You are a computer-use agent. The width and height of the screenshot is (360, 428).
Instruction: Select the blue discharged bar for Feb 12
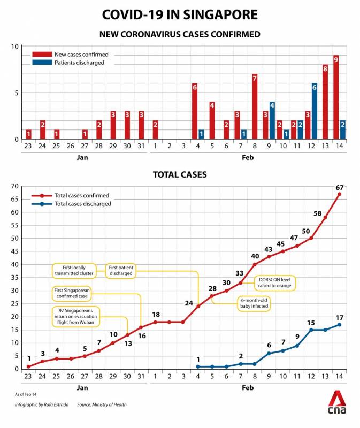pyautogui.click(x=315, y=111)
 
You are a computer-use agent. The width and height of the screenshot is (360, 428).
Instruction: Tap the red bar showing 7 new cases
pyautogui.click(x=255, y=106)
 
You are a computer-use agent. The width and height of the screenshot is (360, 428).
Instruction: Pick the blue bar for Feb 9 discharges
pyautogui.click(x=272, y=120)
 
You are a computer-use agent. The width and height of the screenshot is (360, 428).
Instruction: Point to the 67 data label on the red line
pyautogui.click(x=339, y=187)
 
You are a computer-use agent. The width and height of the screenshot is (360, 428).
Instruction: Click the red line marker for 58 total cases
pyautogui.click(x=325, y=217)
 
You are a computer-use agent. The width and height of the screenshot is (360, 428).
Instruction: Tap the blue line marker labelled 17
pyautogui.click(x=339, y=325)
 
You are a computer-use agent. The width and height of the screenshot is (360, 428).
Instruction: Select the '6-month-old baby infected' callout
pyautogui.click(x=254, y=303)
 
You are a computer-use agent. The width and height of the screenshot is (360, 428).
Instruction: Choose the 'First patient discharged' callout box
pyautogui.click(x=121, y=270)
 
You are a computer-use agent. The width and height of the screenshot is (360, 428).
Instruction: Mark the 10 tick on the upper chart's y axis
pyautogui.click(x=16, y=47)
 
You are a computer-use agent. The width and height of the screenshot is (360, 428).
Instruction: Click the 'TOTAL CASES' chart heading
pyautogui.click(x=180, y=174)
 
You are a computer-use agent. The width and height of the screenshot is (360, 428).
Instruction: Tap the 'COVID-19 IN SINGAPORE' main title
pyautogui.click(x=180, y=14)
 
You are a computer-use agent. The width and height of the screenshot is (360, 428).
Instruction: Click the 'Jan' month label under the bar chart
pyautogui.click(x=82, y=157)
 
